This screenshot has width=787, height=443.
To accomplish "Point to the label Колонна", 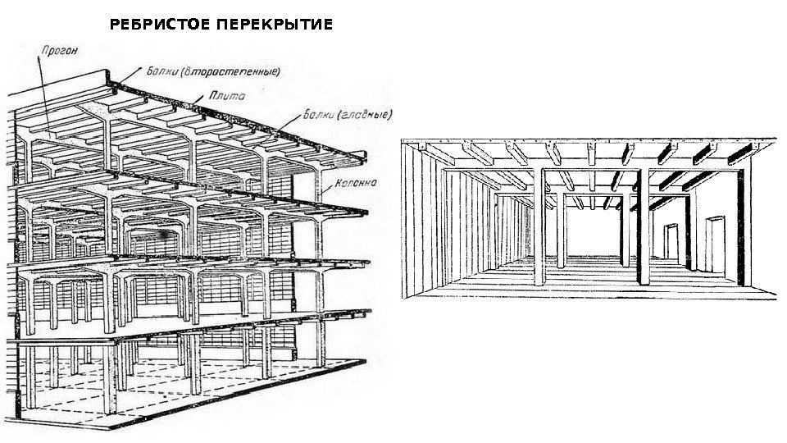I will [x=354, y=182].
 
